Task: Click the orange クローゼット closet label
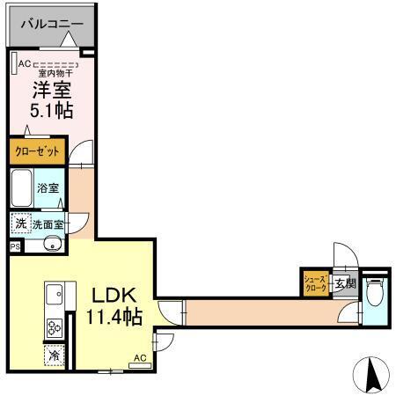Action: pyautogui.click(x=36, y=151)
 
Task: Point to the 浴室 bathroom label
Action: pyautogui.click(x=48, y=187)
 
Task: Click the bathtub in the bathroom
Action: pyautogui.click(x=22, y=187)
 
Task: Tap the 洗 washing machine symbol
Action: pyautogui.click(x=20, y=224)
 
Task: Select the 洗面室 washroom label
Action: pyautogui.click(x=48, y=224)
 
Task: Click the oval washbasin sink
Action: pyautogui.click(x=50, y=244)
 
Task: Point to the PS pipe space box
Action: pyautogui.click(x=14, y=247)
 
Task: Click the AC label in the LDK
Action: pyautogui.click(x=139, y=358)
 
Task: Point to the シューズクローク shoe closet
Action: pyautogui.click(x=315, y=282)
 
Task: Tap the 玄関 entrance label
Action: pyautogui.click(x=345, y=283)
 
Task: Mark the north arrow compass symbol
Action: pyautogui.click(x=371, y=376)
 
